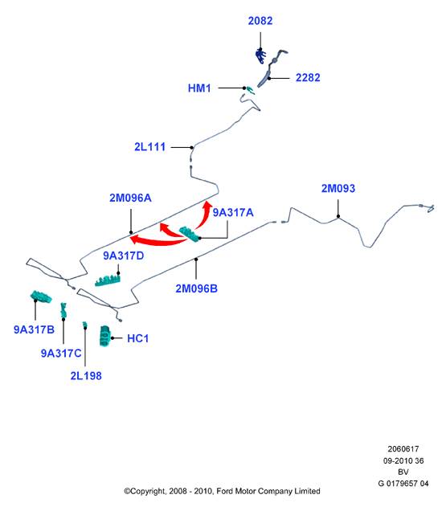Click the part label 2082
260,21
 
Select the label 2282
308,78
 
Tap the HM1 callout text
199,88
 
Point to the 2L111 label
149,147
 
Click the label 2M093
338,188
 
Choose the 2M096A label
130,198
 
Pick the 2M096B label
196,288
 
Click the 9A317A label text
233,212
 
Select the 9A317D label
123,256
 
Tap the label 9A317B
34,329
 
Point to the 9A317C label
61,353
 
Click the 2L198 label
86,376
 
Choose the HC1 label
138,338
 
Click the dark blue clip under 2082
260,56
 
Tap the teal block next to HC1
104,337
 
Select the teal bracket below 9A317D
108,281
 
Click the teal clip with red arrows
189,234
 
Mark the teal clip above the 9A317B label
41,296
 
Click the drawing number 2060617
403,449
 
